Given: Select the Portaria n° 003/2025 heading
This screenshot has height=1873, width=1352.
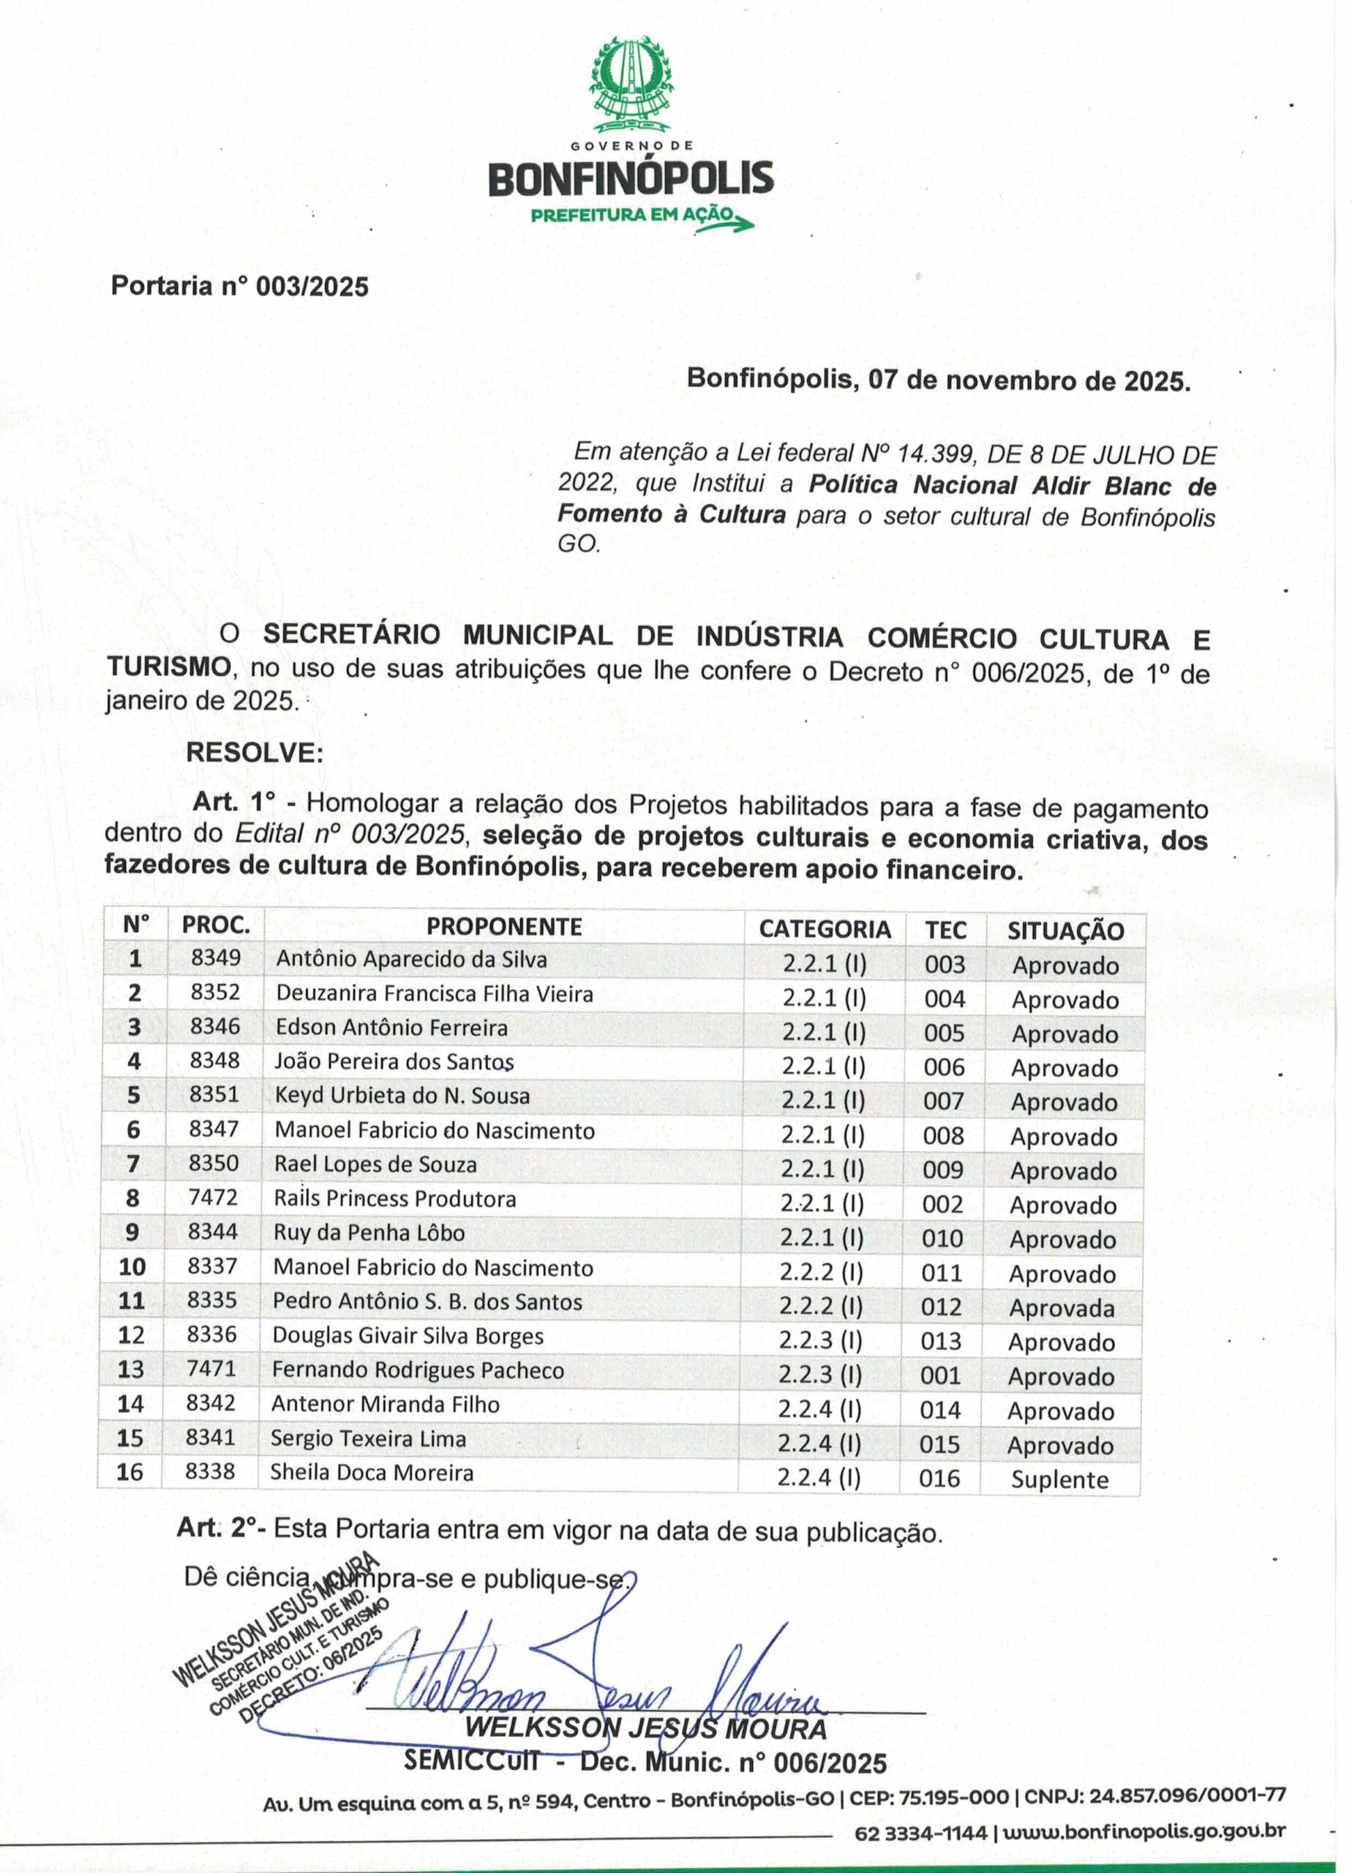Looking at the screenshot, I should click(x=239, y=287).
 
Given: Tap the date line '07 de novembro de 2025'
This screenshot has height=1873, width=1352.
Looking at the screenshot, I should click(x=939, y=380).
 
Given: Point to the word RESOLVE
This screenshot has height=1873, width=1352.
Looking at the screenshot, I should click(x=255, y=753).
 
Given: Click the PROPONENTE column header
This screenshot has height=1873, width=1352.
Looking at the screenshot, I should click(x=504, y=926).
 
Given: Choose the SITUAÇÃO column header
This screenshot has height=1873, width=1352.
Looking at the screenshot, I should click(x=1064, y=931).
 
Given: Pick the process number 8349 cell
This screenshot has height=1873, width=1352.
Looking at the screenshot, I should click(x=216, y=958).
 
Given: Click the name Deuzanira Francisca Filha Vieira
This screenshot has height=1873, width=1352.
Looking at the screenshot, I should click(x=435, y=993).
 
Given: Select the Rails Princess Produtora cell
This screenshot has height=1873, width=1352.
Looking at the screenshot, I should click(x=395, y=1198).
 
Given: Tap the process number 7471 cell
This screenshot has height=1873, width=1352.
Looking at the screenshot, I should click(x=211, y=1368).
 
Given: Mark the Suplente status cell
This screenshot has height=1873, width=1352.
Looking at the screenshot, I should click(x=1059, y=1479).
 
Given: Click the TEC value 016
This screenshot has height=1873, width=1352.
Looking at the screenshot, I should click(x=939, y=1478).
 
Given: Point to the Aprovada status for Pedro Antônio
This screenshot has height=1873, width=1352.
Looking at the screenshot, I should click(x=1062, y=1308).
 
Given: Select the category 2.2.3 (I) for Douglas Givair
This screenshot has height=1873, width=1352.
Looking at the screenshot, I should click(x=820, y=1340).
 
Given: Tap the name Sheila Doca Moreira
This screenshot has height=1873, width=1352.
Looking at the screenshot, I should click(x=372, y=1473).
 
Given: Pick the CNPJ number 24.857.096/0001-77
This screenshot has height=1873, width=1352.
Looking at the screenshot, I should click(x=1186, y=1796).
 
